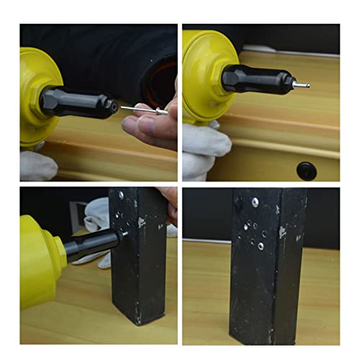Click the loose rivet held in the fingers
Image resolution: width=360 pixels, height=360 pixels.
[148, 109]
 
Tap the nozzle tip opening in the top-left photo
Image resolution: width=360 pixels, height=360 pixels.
[112, 106]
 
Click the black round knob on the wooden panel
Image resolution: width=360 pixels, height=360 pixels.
[306, 171]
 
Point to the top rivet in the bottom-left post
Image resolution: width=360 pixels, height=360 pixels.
[121, 196]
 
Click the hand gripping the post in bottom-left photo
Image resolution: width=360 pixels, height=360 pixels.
[168, 202]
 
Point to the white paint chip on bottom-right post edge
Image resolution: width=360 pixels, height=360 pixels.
[283, 232]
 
